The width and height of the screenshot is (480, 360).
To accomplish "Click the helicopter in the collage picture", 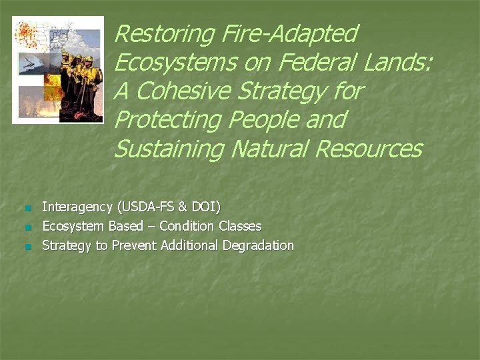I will tap(31, 63).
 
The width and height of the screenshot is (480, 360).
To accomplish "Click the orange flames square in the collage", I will tap(53, 87).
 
